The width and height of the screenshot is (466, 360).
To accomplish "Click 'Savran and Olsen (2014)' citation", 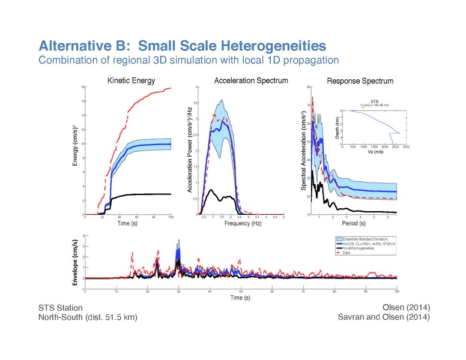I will tap(384, 317).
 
